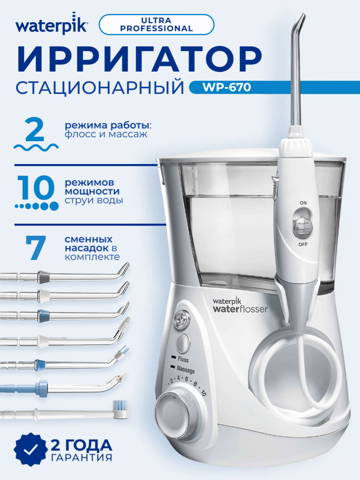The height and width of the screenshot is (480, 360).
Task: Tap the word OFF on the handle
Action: [x=303, y=244]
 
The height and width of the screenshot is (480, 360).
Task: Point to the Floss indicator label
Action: [x=183, y=360]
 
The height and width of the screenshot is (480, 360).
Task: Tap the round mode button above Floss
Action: [x=182, y=343]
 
